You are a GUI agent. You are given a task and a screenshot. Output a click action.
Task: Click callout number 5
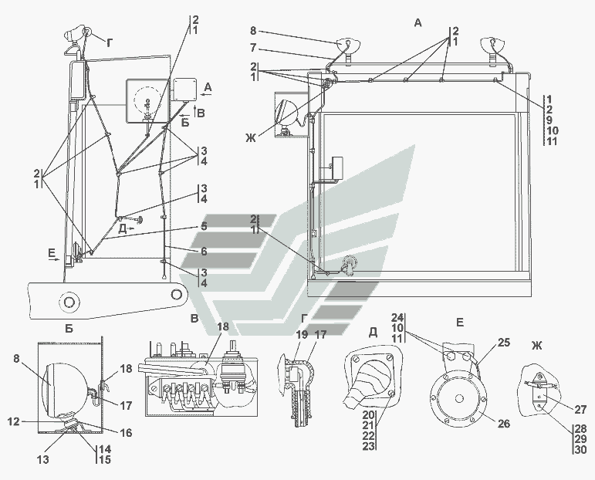pyautogui.click(x=204, y=227)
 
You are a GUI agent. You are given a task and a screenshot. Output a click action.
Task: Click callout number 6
pyautogui.click(x=204, y=251)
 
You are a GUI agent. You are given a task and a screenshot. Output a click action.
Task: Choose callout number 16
pyautogui.click(x=126, y=433)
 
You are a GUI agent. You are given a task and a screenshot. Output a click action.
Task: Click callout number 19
pyautogui.click(x=300, y=336)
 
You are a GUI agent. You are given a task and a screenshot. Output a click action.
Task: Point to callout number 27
pyautogui.click(x=579, y=410)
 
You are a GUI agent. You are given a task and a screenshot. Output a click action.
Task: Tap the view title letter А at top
pyautogui.click(x=418, y=23)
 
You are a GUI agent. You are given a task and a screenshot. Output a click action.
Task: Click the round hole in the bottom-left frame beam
pyautogui.click(x=69, y=301)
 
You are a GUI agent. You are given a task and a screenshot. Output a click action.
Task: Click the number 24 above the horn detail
pyautogui.click(x=397, y=317)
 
